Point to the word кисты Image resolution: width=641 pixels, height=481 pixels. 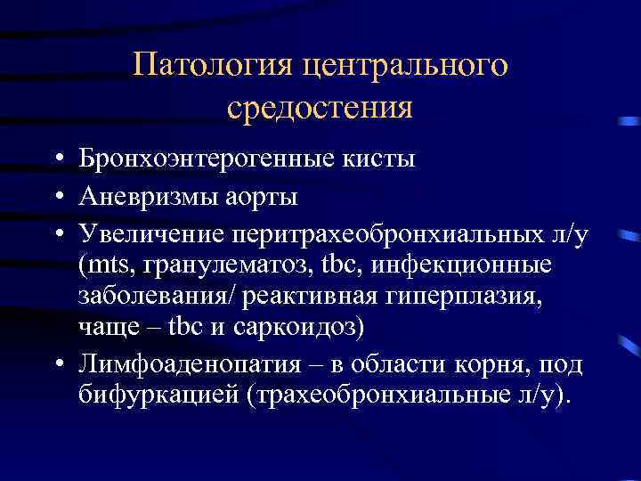coord(379,159)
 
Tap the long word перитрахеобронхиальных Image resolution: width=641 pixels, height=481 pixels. coord(386,233)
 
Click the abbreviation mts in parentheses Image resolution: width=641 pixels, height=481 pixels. coord(105,265)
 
